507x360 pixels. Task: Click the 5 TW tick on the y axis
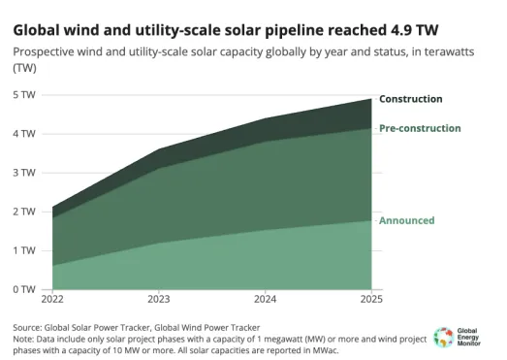[x=23, y=94]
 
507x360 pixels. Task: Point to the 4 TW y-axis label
[x=23, y=133]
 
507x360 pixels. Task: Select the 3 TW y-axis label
[x=23, y=172]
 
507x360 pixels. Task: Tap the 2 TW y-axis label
[x=23, y=211]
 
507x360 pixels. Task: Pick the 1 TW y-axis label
[x=23, y=249]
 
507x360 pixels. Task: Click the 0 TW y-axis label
[x=23, y=288]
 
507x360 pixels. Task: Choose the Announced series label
[x=406, y=220]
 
